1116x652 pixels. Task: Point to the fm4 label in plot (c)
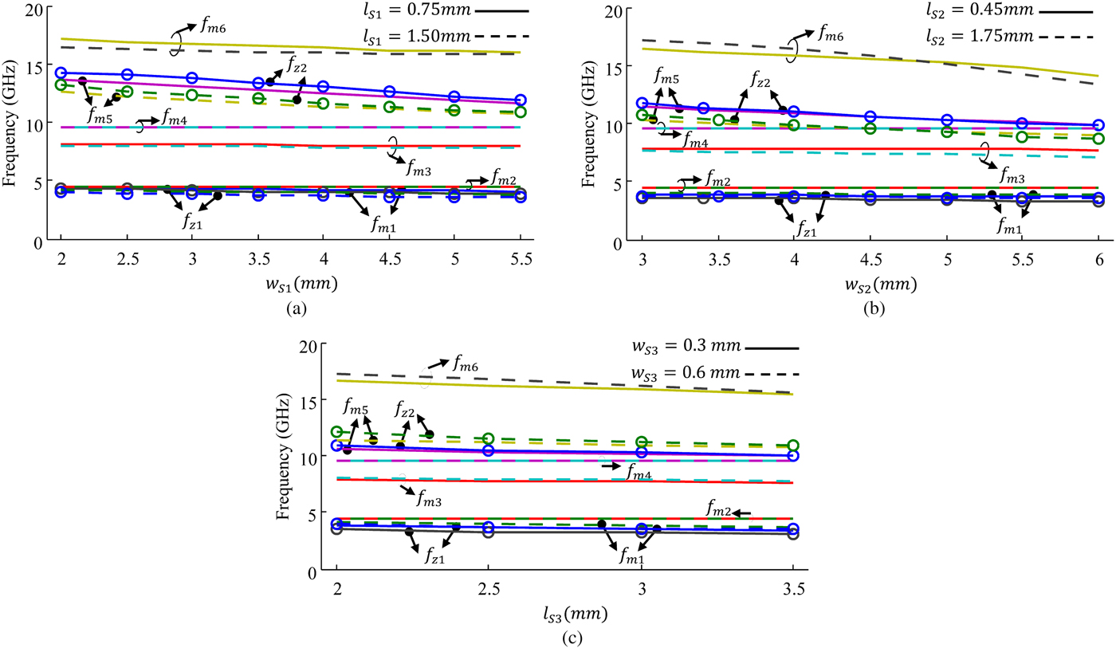[638, 474]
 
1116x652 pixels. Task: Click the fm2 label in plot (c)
[717, 507]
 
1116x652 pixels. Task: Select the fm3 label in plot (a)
[419, 168]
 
